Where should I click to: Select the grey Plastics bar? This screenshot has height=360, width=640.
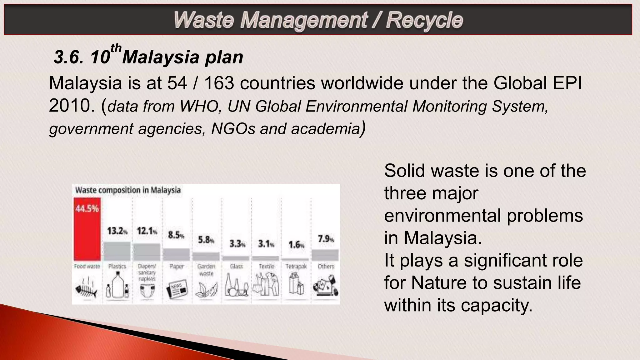(117, 251)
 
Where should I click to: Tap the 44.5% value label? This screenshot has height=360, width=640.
(87, 209)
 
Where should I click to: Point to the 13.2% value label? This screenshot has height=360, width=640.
(117, 231)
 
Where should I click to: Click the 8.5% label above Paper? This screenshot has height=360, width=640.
(176, 235)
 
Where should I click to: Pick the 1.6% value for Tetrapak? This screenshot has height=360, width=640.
(296, 245)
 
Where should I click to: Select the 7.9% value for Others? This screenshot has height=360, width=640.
(326, 239)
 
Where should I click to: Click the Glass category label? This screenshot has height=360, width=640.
(236, 266)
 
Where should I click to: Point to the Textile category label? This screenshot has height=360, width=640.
(266, 266)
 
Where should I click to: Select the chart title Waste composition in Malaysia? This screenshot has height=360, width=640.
(128, 190)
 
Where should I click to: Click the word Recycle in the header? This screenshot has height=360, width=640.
(424, 20)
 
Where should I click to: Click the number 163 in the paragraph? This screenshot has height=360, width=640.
(219, 83)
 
